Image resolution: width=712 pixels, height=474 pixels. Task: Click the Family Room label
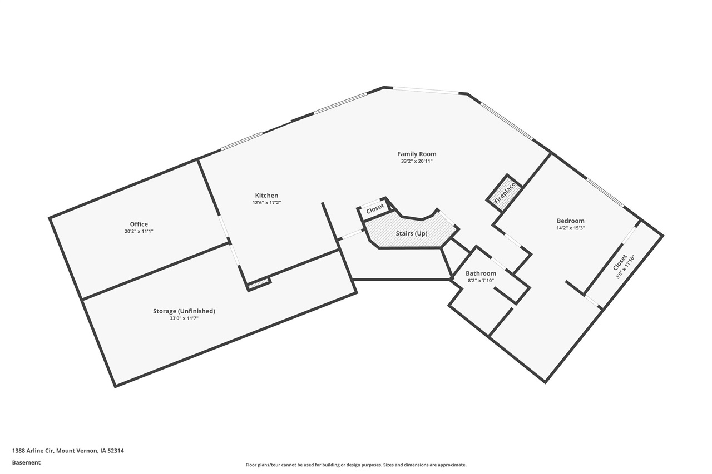(416, 154)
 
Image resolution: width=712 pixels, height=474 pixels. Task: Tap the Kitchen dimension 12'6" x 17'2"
(266, 203)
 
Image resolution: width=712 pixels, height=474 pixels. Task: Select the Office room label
(139, 224)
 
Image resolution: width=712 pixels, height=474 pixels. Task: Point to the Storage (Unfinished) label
(184, 311)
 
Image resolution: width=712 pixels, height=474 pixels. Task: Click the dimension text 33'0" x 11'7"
(184, 319)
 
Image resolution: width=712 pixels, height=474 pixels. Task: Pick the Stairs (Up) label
(412, 233)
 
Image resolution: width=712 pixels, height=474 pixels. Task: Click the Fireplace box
(505, 193)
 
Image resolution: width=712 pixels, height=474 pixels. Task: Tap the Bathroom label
(481, 273)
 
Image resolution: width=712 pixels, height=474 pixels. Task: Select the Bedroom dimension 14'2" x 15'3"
(570, 228)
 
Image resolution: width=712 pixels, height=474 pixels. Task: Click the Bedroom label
(570, 221)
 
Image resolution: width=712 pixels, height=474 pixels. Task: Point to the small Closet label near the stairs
(375, 208)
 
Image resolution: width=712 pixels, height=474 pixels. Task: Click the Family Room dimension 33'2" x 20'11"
(416, 161)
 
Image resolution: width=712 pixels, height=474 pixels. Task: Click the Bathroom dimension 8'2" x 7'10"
(481, 281)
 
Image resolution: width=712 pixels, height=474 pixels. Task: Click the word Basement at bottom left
(26, 462)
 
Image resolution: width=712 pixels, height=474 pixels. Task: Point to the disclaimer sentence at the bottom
(356, 465)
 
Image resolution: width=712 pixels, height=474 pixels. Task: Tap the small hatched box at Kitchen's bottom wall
(259, 285)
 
